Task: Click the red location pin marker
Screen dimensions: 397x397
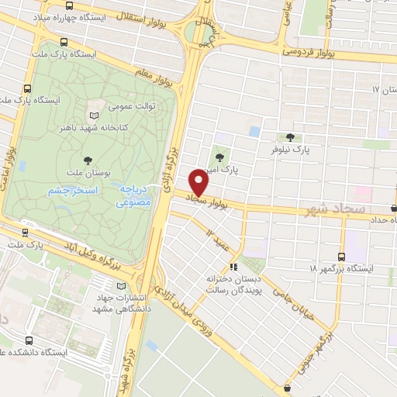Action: pos(199,183)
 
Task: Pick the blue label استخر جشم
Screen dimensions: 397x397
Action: pos(68,191)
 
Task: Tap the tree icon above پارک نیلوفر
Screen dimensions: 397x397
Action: pos(290,136)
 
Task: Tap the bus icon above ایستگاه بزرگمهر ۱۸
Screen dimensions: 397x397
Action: pos(341,257)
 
